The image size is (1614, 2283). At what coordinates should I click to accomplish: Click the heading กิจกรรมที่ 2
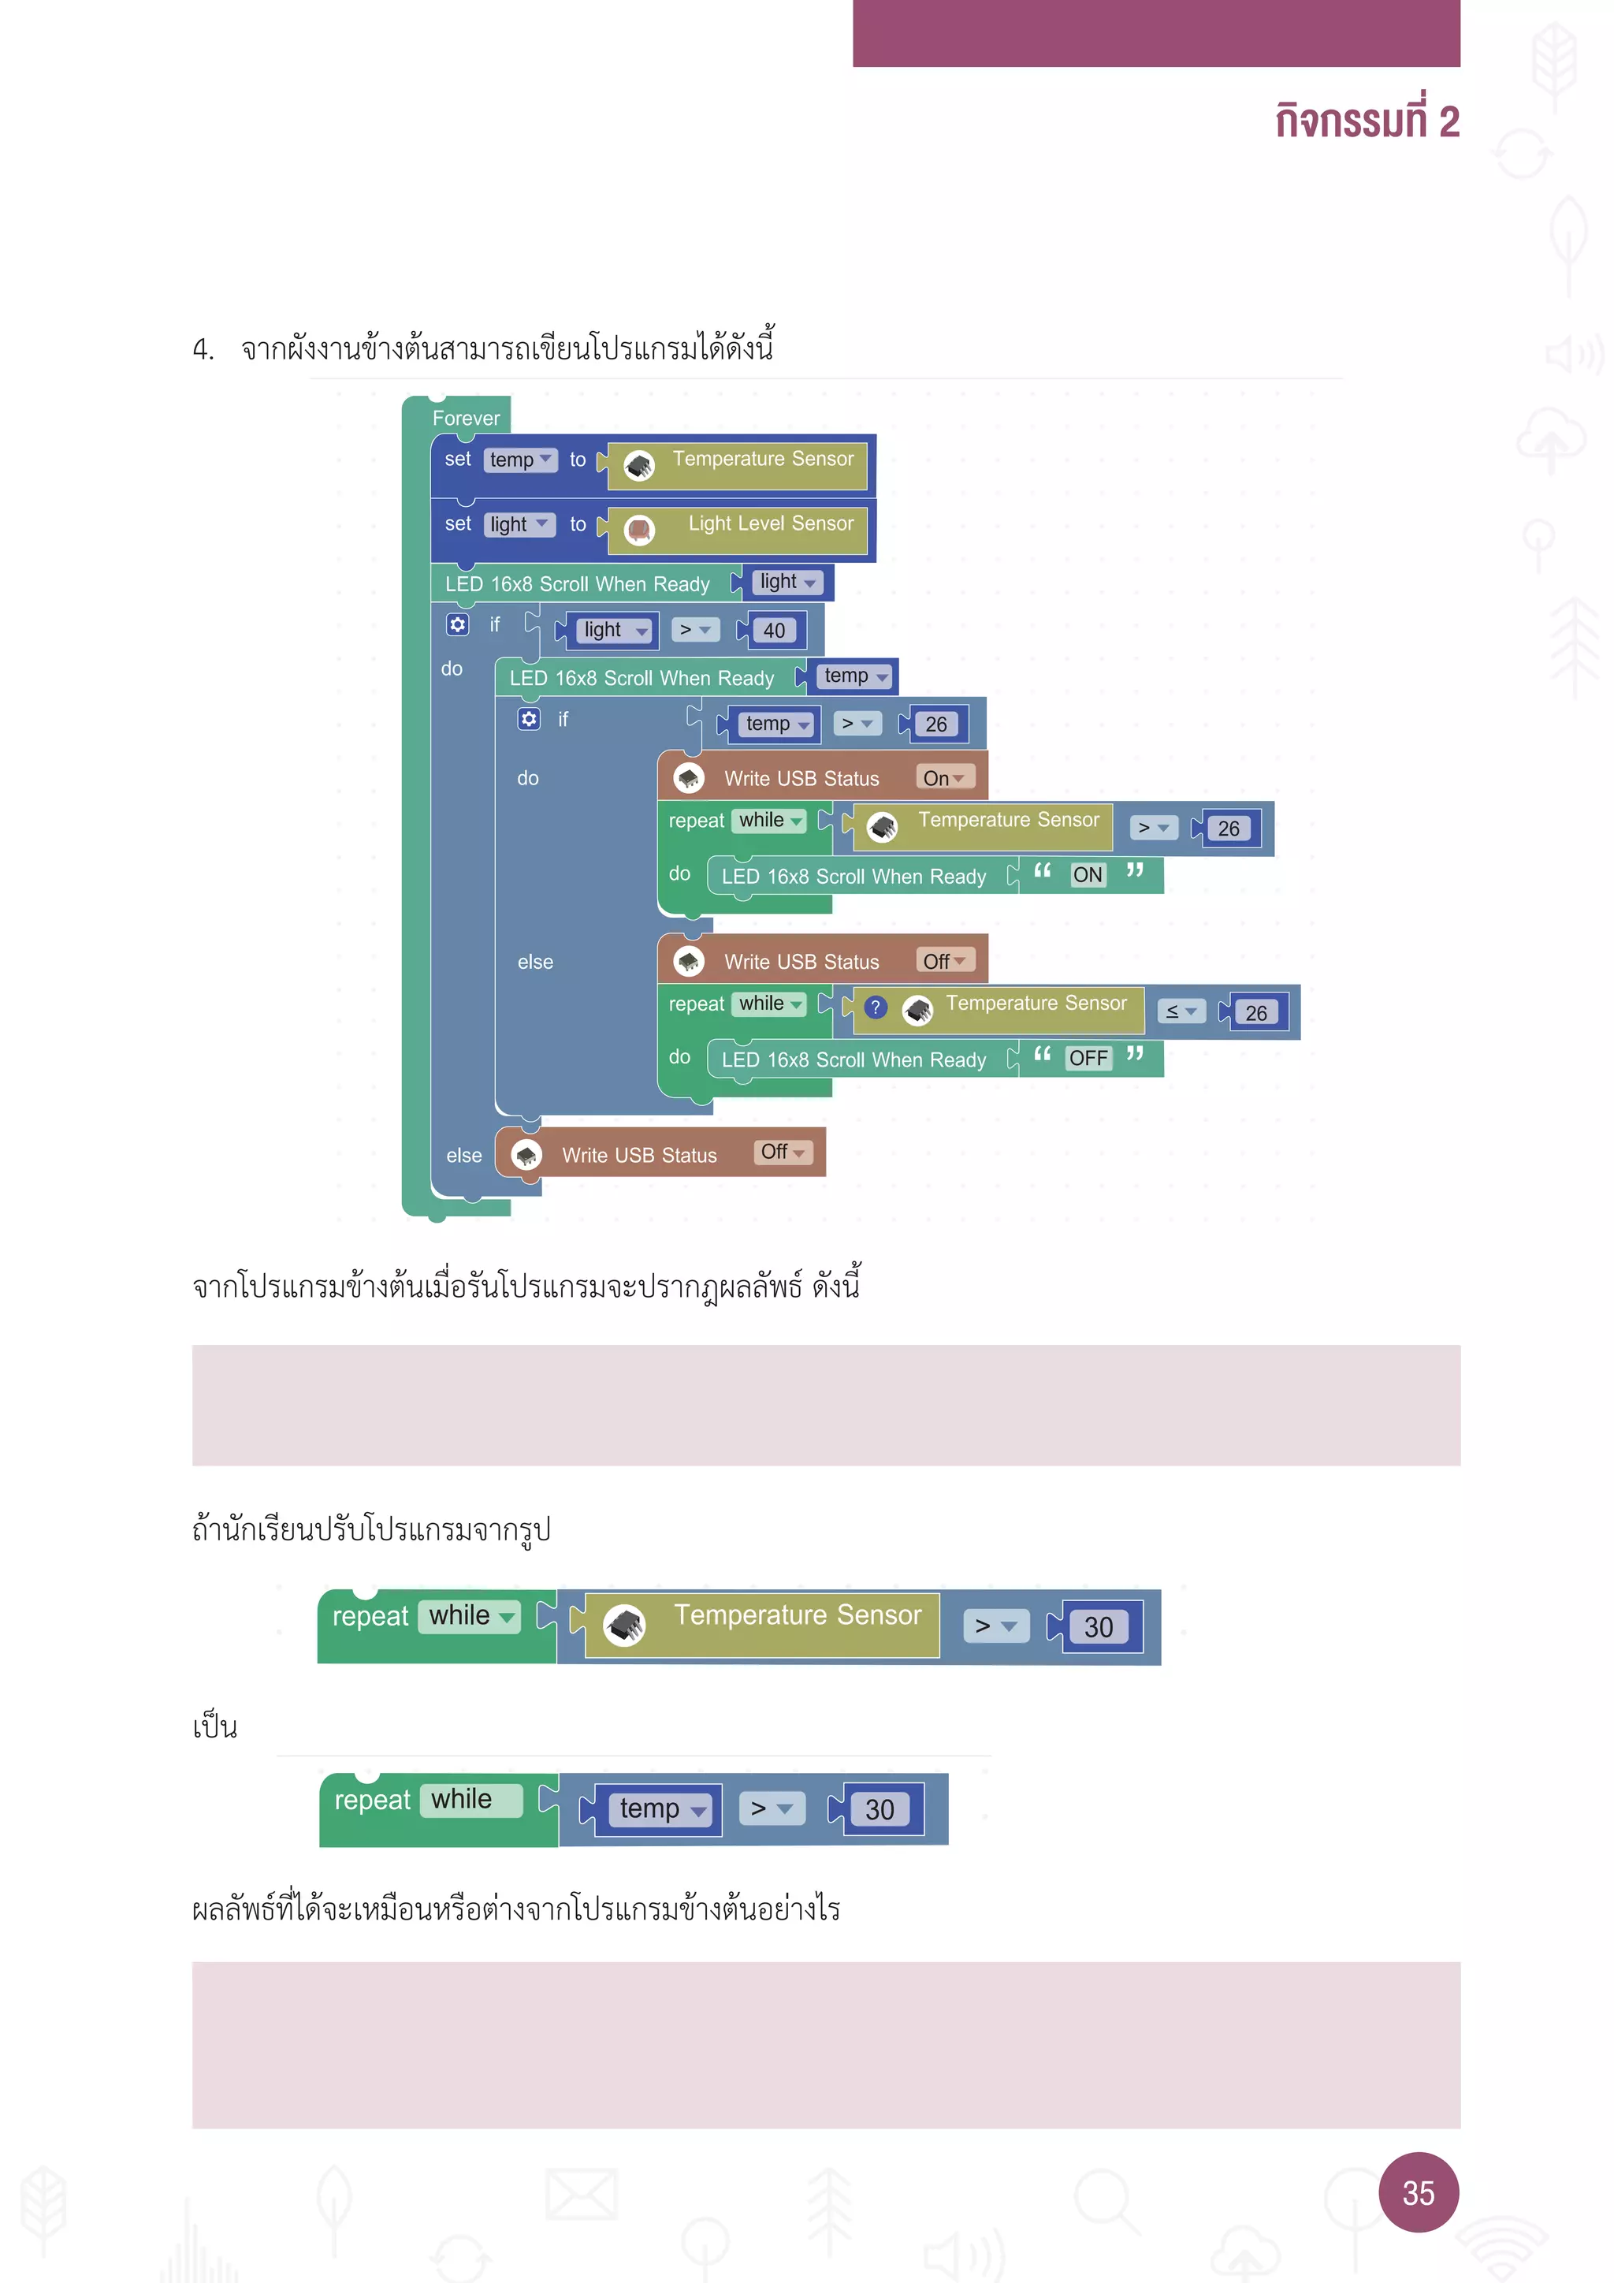tap(1367, 121)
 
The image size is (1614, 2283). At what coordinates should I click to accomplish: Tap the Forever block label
tap(465, 419)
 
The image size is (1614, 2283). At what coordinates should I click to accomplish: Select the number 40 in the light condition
tap(773, 631)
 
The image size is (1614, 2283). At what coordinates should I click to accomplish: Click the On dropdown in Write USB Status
tap(943, 777)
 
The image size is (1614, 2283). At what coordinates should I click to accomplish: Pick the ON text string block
tap(1088, 875)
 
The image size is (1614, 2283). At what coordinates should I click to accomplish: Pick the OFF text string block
tap(1088, 1058)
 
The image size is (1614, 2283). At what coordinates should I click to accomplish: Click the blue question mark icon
tap(875, 1007)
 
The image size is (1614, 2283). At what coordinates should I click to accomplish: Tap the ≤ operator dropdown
tap(1181, 1011)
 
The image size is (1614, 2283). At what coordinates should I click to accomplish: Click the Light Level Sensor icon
tap(639, 530)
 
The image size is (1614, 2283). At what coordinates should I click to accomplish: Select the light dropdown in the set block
tap(519, 524)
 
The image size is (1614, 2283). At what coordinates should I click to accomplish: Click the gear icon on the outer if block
tap(457, 624)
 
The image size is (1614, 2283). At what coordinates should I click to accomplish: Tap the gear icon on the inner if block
tap(529, 719)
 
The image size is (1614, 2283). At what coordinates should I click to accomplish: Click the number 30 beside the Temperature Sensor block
tap(1097, 1627)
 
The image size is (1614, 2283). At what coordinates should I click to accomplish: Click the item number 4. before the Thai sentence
tap(203, 350)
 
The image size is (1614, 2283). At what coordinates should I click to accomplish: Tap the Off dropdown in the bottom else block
tap(782, 1152)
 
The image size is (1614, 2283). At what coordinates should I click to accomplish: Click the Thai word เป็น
tap(214, 1727)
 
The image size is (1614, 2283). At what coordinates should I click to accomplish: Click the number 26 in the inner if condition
tap(935, 724)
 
